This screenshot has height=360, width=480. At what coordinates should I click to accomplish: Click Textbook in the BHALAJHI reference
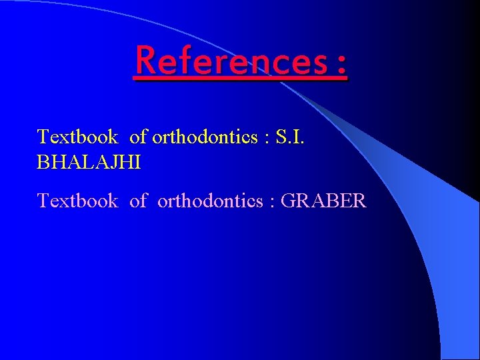77,137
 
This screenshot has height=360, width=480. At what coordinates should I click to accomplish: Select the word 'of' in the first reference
138,137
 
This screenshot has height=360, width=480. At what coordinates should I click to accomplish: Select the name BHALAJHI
89,163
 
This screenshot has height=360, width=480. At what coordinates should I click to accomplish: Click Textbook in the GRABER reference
77,200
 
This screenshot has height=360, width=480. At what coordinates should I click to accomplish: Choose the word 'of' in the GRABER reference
138,200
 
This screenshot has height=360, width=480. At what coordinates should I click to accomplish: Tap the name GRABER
324,200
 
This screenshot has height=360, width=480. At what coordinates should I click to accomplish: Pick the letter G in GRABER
288,200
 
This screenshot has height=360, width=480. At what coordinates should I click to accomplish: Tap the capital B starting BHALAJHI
43,163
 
